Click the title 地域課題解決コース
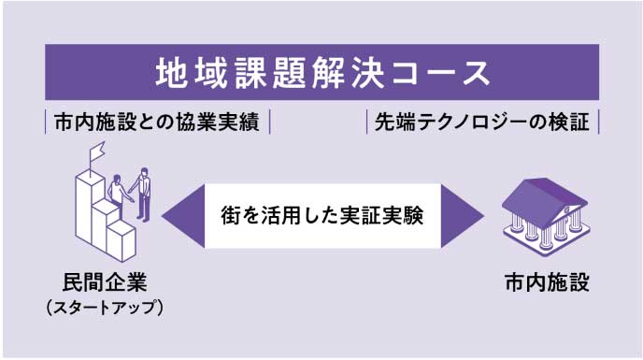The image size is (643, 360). pyautogui.click(x=321, y=71)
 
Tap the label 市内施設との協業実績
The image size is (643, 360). pyautogui.click(x=157, y=122)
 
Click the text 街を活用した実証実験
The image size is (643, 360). pyautogui.click(x=321, y=216)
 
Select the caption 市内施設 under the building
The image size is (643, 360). pyautogui.click(x=546, y=282)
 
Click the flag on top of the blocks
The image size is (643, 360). pyautogui.click(x=95, y=153)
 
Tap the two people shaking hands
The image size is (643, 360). pyautogui.click(x=131, y=193)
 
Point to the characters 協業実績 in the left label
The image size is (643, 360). pyautogui.click(x=223, y=122)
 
